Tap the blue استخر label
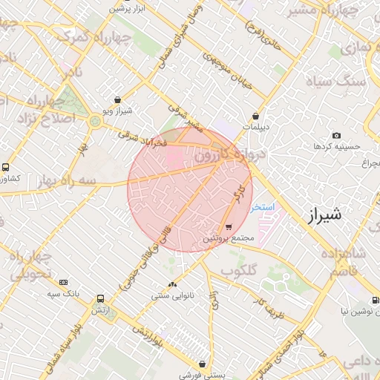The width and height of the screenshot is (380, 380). tap(263, 206)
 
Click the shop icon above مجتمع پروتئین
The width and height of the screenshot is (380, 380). tap(228, 227)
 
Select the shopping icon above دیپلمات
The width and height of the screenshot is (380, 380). tap(255, 117)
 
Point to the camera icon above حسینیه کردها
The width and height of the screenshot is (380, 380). tap(336, 136)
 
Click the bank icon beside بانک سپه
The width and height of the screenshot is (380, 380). tap(63, 282)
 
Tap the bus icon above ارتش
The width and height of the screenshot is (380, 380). tap(99, 298)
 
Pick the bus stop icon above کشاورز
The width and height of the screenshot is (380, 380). tap(6, 168)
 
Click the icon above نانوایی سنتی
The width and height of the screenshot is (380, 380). tap(173, 285)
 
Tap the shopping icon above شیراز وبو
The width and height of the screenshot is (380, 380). tap(117, 99)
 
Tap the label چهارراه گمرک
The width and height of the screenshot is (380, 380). tap(74, 37)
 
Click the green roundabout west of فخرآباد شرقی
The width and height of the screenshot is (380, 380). tap(95, 120)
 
